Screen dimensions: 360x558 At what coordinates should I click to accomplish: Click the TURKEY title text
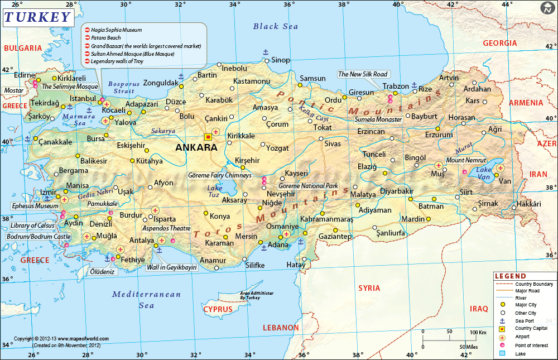(38, 17)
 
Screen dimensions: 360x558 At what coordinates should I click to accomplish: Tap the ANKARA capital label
(196, 148)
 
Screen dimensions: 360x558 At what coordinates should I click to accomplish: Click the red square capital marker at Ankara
(209, 136)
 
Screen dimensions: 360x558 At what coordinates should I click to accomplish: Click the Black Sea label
(276, 26)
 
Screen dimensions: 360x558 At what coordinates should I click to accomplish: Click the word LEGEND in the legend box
(510, 276)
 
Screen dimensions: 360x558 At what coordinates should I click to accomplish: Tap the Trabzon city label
(396, 86)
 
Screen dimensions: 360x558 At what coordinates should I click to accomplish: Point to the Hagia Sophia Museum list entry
(117, 30)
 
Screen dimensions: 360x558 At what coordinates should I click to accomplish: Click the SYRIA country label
(369, 288)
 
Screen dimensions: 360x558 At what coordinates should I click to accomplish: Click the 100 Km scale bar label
(478, 333)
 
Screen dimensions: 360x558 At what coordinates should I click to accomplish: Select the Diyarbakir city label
(396, 191)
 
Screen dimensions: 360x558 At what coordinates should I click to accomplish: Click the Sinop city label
(281, 60)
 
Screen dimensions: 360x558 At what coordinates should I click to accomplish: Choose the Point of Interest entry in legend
(528, 345)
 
